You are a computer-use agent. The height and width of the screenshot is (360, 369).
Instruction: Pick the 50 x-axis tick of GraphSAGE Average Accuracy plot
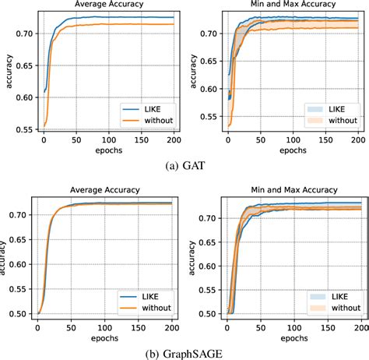pos(71,326)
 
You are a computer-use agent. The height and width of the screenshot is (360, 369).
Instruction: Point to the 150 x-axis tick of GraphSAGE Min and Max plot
pos(325,326)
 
